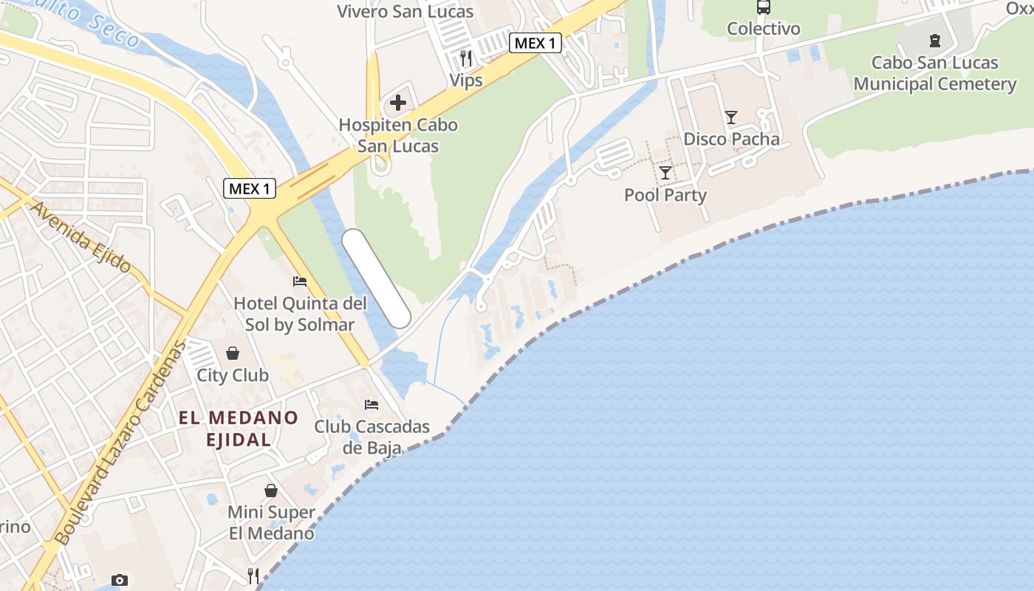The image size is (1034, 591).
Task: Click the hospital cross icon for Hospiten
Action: coord(397,102)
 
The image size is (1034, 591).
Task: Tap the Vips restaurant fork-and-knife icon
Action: coord(465,58)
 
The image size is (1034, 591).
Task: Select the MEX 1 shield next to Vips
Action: coord(535,43)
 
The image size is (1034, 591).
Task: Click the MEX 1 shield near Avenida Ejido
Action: coord(250,188)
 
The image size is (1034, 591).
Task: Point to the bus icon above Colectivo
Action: coord(764,7)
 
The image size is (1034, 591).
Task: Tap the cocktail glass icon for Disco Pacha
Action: coord(731,117)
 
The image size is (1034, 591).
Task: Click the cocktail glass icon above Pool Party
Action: coord(665,173)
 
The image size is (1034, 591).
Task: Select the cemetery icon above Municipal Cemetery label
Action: coord(935,41)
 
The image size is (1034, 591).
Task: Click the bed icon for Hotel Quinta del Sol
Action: coord(300,281)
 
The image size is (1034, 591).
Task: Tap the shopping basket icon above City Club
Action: coord(233,353)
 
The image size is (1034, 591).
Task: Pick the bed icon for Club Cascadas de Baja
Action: coord(372,405)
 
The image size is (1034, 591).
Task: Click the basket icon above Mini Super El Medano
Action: coord(271,491)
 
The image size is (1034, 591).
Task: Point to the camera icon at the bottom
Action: coord(119,581)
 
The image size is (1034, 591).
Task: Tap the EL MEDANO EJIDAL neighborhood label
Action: coord(239,428)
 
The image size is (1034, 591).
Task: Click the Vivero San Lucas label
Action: coord(405,12)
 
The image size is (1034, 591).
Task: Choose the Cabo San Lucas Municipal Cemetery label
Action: coord(935,73)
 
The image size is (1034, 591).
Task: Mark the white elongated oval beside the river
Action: coord(376,279)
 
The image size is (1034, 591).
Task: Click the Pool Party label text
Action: coord(665,195)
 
